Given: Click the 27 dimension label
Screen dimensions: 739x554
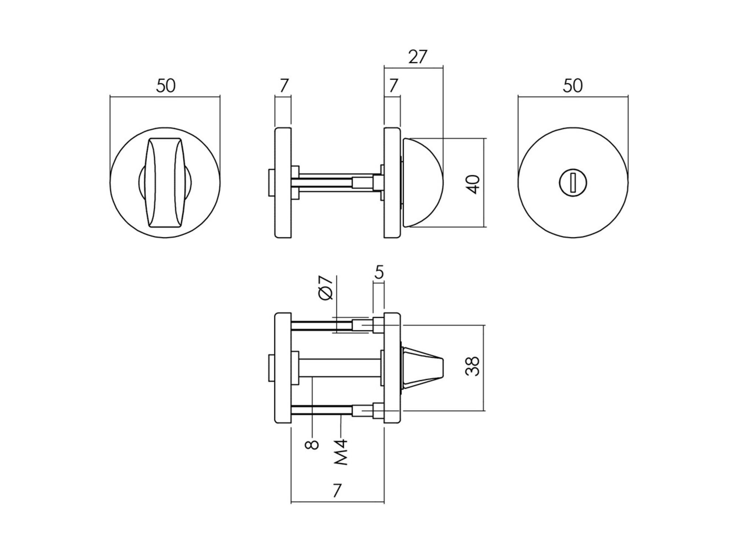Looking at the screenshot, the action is point(418,57).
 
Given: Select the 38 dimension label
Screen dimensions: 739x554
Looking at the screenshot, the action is point(473,366).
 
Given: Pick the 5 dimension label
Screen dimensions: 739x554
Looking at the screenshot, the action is point(379,273).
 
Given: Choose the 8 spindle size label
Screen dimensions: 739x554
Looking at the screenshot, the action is point(312,444).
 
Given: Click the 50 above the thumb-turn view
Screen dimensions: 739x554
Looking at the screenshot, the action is point(166,86).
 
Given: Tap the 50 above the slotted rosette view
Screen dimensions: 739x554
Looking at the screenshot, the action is point(573,86).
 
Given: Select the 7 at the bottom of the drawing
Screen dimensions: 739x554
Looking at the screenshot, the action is point(336,491).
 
